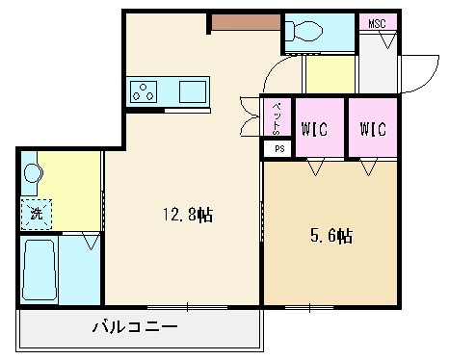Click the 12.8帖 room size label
[188, 215]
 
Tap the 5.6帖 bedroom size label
[331, 236]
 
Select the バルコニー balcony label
[135, 327]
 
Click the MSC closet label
[377, 23]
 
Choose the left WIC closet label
[315, 129]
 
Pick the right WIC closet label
[373, 129]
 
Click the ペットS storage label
[277, 118]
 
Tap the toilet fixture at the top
[304, 31]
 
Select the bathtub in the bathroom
[40, 270]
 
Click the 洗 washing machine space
[37, 214]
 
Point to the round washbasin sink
[33, 173]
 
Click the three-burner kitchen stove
[144, 91]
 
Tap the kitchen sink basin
[193, 91]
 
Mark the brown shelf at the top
[247, 22]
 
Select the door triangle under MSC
[388, 41]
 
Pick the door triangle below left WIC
[315, 167]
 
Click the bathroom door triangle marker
[92, 242]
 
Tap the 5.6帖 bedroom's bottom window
[309, 308]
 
